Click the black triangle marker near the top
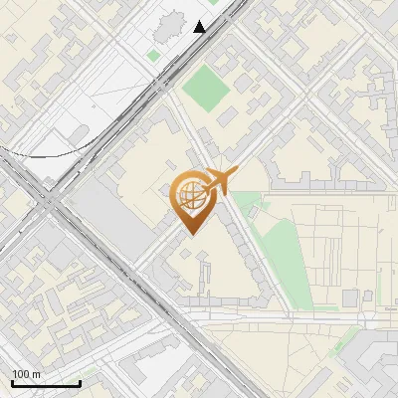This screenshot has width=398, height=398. click(x=200, y=27)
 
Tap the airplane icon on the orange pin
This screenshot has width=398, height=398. click(x=218, y=181)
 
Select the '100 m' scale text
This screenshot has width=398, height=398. click(x=27, y=374)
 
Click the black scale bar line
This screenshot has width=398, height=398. click(x=46, y=383)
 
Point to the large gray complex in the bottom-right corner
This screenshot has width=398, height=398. click(x=373, y=363)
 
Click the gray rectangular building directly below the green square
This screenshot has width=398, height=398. click(x=228, y=117)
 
